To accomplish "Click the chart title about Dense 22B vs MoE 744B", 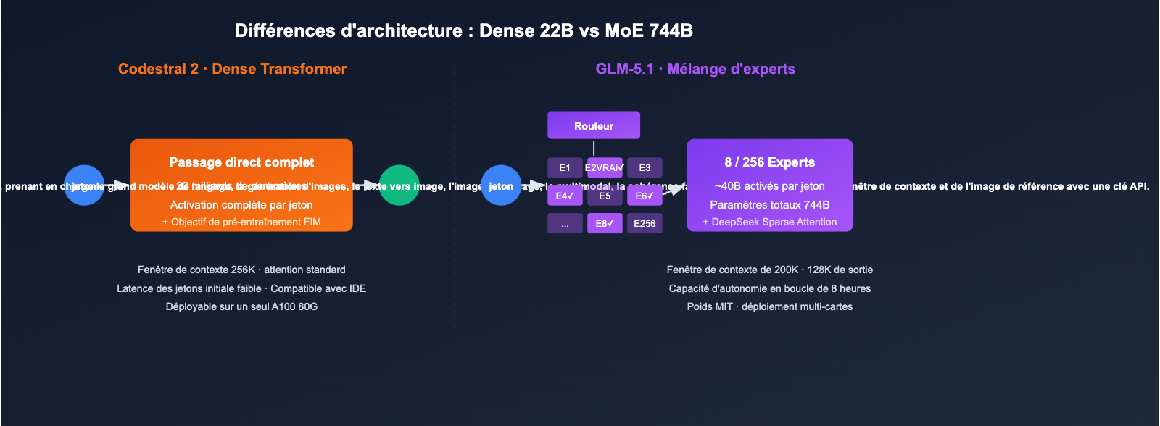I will pyautogui.click(x=464, y=30).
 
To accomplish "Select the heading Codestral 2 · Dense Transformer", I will pyautogui.click(x=232, y=69).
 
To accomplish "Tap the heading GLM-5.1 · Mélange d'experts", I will pyautogui.click(x=695, y=69).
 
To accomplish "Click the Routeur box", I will pyautogui.click(x=594, y=125).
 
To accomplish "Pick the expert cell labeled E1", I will pyautogui.click(x=565, y=167).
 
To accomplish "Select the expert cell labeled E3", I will pyautogui.click(x=645, y=167).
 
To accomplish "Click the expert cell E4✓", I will pyautogui.click(x=565, y=196).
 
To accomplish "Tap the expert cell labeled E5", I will pyautogui.click(x=605, y=196).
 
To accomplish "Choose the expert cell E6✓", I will pyautogui.click(x=645, y=196).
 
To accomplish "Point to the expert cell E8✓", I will pyautogui.click(x=605, y=223).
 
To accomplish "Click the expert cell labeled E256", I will pyautogui.click(x=645, y=223).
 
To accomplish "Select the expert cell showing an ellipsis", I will pyautogui.click(x=565, y=223).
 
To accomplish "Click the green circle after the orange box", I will pyautogui.click(x=399, y=185).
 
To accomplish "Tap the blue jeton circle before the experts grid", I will pyautogui.click(x=501, y=185).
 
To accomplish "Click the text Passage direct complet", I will pyautogui.click(x=241, y=162).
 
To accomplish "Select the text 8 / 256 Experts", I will pyautogui.click(x=769, y=162).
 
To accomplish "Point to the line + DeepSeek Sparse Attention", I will pyautogui.click(x=769, y=222).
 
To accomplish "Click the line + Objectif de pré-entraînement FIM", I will pyautogui.click(x=241, y=222).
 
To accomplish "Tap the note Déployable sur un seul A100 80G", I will pyautogui.click(x=241, y=306).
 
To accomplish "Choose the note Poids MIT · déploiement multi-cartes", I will pyautogui.click(x=769, y=306).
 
